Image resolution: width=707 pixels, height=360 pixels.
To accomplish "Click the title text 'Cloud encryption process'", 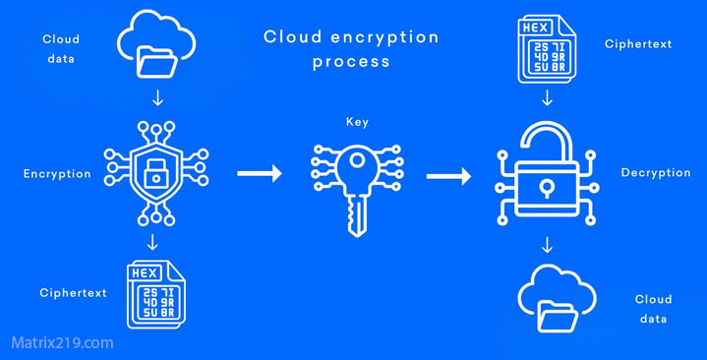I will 351,49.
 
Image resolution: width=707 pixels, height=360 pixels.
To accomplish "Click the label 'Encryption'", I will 57,174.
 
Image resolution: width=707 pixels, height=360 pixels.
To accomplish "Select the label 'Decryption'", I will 656,173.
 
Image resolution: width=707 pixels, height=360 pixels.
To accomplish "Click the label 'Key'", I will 357,123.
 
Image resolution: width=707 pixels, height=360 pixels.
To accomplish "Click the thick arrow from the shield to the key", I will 259,174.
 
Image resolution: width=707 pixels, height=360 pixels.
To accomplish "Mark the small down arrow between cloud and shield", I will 157,98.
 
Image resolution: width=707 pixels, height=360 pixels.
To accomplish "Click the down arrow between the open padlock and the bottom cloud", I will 547,243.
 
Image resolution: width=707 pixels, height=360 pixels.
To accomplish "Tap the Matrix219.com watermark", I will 62,343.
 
